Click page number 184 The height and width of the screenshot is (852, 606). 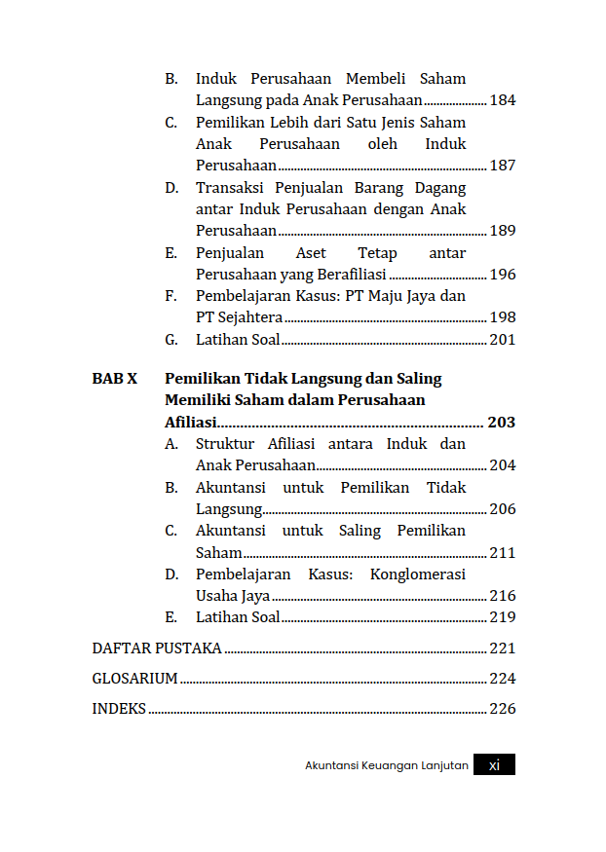point(502,100)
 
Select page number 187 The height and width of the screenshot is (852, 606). point(502,166)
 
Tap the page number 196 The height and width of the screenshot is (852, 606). point(502,275)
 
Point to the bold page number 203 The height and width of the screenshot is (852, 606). point(501,423)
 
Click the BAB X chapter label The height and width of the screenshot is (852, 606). point(115,378)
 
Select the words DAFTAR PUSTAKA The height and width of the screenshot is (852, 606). point(156,648)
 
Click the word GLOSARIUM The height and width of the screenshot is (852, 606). point(134,679)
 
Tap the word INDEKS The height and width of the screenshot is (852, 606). point(119,709)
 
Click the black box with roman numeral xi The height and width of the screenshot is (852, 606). point(494,765)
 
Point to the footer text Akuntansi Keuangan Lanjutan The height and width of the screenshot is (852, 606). point(387,766)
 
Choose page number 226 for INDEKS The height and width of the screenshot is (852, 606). point(502,709)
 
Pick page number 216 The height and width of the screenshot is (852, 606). point(502,596)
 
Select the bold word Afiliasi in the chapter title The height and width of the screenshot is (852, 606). point(190,423)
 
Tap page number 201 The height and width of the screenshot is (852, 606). point(502,340)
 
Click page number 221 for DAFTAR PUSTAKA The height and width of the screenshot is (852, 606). point(502,648)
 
